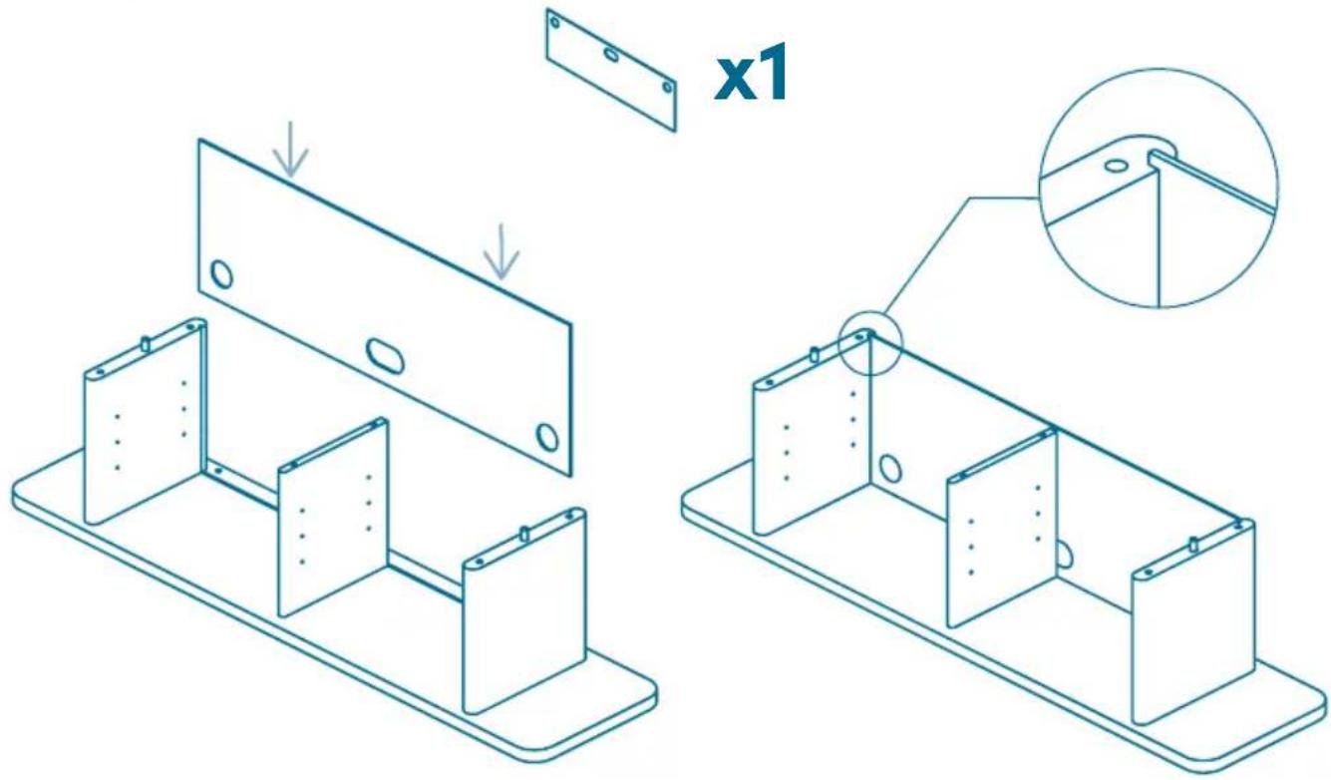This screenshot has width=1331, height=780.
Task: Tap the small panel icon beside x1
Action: pyautogui.click(x=611, y=70)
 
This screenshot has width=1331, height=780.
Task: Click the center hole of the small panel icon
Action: pyautogui.click(x=611, y=55)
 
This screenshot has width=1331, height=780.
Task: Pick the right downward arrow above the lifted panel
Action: pyautogui.click(x=501, y=251)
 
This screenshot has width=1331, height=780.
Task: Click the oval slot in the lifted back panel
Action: pyautogui.click(x=384, y=355)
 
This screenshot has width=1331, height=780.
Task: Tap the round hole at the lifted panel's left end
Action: pyautogui.click(x=221, y=274)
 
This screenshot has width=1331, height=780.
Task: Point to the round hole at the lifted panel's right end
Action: pyautogui.click(x=547, y=437)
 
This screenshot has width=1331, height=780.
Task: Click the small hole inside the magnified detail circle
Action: pyautogui.click(x=1117, y=165)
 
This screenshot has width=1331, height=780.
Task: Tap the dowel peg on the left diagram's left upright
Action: pyautogui.click(x=145, y=344)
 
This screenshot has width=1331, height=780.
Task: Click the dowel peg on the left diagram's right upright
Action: pyautogui.click(x=524, y=534)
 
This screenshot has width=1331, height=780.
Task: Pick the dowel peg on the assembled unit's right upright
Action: pyautogui.click(x=1193, y=544)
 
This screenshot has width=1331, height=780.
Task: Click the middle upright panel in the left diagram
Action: pyautogui.click(x=333, y=519)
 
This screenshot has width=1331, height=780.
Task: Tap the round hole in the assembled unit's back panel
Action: pyautogui.click(x=889, y=468)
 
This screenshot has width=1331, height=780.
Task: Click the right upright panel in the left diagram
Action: pyautogui.click(x=524, y=611)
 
